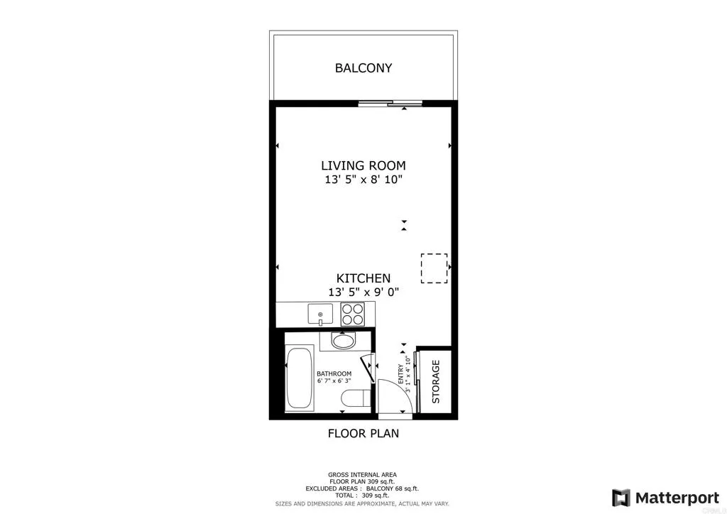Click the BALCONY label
363,68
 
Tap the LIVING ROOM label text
363,165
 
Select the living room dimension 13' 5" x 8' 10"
363,180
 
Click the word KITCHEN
363,278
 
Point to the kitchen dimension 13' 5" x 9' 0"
363,292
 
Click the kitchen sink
320,313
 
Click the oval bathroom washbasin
344,341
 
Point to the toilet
353,398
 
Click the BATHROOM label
334,373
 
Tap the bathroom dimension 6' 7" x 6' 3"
334,381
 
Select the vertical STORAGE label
436,381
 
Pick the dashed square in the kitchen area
434,268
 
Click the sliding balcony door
390,104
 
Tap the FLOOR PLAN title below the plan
363,433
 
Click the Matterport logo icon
621,497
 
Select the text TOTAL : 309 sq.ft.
362,496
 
